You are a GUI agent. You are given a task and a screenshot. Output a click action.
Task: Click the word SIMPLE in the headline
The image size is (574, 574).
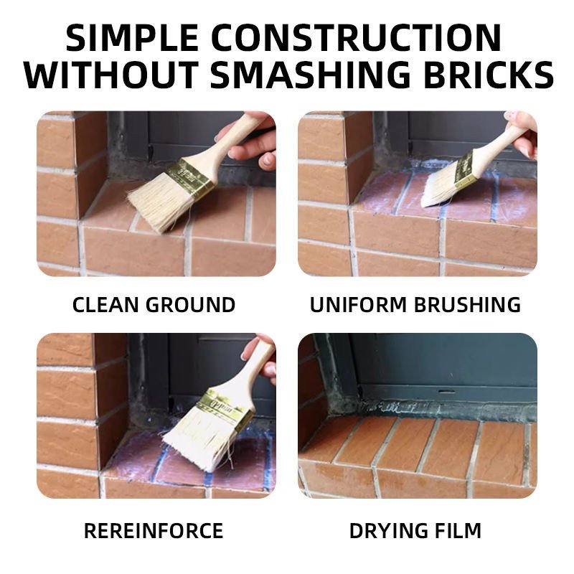point(132,38)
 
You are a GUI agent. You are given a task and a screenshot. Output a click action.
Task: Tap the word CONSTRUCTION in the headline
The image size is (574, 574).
point(356,38)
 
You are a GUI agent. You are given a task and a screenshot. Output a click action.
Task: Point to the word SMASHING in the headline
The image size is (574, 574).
point(311,75)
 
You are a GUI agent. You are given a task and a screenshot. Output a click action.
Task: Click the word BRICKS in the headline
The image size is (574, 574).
point(489,75)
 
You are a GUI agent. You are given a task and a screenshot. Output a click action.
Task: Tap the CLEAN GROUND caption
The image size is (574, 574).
point(154,304)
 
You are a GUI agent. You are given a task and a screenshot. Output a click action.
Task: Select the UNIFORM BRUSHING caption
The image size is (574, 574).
point(415,304)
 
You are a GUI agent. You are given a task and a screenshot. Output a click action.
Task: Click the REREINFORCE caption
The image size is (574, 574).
point(154,531)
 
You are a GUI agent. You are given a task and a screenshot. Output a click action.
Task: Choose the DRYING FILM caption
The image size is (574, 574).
point(415,531)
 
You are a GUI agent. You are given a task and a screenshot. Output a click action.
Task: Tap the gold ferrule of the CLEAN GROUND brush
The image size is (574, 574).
point(190,175)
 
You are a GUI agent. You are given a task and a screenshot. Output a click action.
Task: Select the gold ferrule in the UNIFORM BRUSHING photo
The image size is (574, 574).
point(466,169)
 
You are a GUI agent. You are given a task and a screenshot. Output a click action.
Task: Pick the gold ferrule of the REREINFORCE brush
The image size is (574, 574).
point(224,409)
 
